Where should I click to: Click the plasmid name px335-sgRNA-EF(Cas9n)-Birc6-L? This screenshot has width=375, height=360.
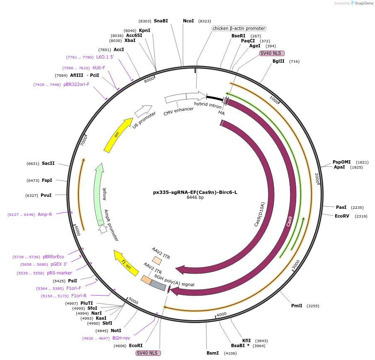click(195, 192)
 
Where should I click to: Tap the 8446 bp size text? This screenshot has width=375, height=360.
click(195, 198)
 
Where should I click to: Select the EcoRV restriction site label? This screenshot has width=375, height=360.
click(342, 216)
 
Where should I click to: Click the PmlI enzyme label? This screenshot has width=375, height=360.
click(297, 306)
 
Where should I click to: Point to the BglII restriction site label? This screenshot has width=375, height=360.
click(278, 61)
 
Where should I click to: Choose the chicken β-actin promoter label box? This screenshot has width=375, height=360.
click(239, 28)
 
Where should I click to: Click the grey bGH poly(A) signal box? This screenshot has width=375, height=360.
click(158, 285)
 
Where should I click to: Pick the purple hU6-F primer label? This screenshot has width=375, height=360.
click(99, 68)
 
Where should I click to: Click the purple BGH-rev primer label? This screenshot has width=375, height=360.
click(121, 338)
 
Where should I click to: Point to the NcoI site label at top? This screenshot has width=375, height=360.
click(188, 21)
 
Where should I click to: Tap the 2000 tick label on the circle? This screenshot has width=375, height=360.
click(317, 178)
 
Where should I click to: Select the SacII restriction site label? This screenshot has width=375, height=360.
click(48, 163)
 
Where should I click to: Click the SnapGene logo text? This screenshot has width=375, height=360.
click(363, 3)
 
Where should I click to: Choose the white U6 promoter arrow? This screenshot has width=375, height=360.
click(143, 111)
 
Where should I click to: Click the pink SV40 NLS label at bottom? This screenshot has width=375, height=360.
click(148, 353)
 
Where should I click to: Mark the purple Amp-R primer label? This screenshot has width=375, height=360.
click(45, 215)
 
